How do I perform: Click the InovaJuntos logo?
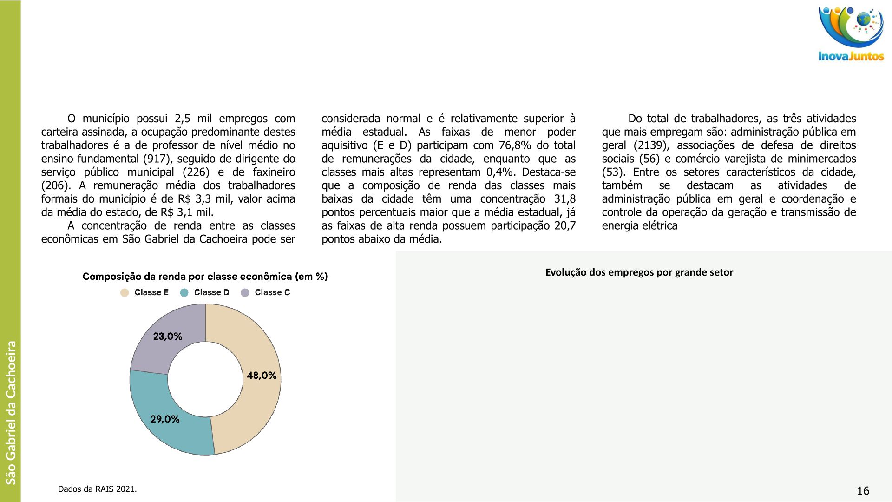(851, 34)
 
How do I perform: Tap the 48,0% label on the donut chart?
(262, 376)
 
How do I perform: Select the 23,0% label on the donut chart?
(168, 337)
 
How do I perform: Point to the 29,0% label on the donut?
(165, 419)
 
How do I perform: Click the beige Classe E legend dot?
(125, 292)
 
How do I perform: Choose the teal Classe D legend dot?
(184, 292)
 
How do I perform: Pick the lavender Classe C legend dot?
(245, 292)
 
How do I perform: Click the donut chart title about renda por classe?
(205, 277)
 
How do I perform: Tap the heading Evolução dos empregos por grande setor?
(639, 272)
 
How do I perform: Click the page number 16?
(863, 491)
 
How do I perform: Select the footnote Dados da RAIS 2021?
(98, 489)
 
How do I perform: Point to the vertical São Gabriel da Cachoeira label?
(11, 412)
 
